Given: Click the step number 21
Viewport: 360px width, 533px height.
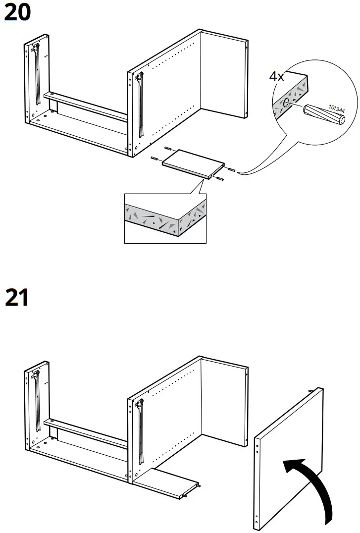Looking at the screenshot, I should point(17,299).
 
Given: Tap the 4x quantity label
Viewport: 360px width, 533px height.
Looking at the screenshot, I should point(277,77).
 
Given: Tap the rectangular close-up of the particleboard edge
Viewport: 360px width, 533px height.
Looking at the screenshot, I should point(165,218).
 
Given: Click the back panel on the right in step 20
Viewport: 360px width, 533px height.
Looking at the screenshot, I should point(223,74).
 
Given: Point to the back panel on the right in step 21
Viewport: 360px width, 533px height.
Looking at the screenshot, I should point(224,401).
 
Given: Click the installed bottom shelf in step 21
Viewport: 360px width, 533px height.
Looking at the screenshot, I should point(166,483).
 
